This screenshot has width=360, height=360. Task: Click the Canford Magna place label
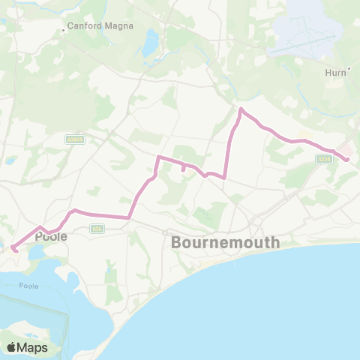pyautogui.click(x=100, y=25)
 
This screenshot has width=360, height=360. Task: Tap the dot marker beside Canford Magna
pyautogui.click(x=64, y=31)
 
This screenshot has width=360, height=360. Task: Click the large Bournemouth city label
pyautogui.click(x=225, y=243)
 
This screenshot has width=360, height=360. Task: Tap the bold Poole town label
pyautogui.click(x=51, y=235)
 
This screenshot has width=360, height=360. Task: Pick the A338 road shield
pyautogui.click(x=323, y=159)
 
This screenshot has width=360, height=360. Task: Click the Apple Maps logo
pyautogui.click(x=27, y=347)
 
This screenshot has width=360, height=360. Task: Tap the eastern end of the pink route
pyautogui.click(x=348, y=159)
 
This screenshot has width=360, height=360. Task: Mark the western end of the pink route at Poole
pyautogui.click(x=16, y=250)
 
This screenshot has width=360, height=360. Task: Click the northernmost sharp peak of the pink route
pyautogui.click(x=241, y=109)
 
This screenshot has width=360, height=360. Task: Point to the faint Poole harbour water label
pyautogui.click(x=28, y=286)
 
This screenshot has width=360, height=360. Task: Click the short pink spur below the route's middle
pyautogui.click(x=184, y=169)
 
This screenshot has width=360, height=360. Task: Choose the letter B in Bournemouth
pyautogui.click(x=177, y=243)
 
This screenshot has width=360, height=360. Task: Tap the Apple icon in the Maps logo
pyautogui.click(x=12, y=347)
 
